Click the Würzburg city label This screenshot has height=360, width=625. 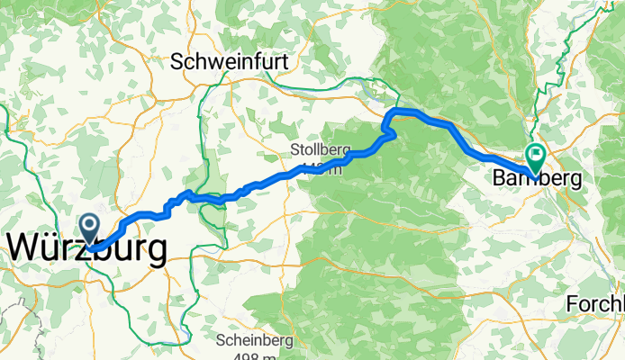click(87, 249)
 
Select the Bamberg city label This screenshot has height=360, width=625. click(537, 179)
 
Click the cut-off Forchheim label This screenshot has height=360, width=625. click(594, 305)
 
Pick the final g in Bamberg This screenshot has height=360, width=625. click(574, 181)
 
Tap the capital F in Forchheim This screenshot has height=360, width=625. click(572, 305)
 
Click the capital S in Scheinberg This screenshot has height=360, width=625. click(222, 341)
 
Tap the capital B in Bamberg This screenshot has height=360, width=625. click(499, 179)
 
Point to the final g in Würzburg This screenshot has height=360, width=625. click(155, 252)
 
